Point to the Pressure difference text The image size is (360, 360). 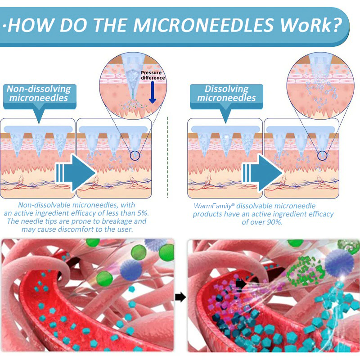(x=153, y=75)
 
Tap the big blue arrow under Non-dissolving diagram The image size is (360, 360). (x=75, y=172)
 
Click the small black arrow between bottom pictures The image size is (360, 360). (x=180, y=297)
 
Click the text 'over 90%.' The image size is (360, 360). (x=263, y=222)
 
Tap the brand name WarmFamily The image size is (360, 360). (x=210, y=206)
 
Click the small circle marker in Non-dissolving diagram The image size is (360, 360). (x=135, y=156)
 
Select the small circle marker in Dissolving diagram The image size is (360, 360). (x=321, y=156)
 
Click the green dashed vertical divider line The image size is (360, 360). (x=167, y=157)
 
